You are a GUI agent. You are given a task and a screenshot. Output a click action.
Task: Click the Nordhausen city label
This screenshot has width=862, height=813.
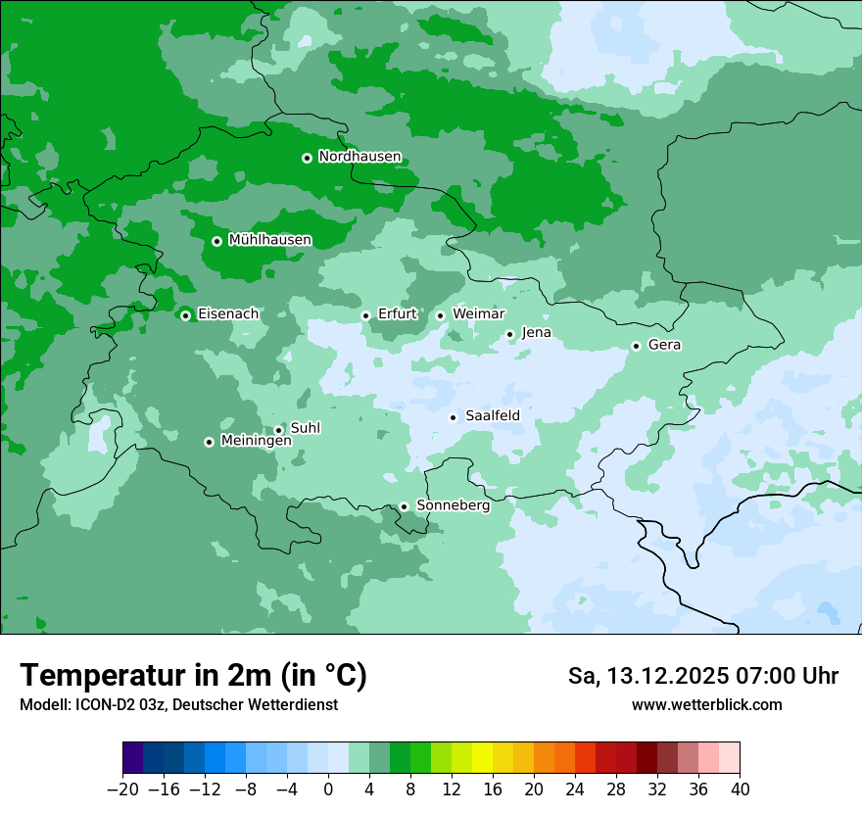pyautogui.click(x=359, y=157)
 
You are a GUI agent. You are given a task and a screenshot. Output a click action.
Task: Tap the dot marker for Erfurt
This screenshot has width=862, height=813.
pyautogui.click(x=365, y=315)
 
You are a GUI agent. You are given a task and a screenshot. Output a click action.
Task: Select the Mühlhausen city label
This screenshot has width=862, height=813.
pyautogui.click(x=269, y=240)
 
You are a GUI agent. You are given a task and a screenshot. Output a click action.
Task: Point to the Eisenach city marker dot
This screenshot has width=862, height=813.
pyautogui.click(x=185, y=314)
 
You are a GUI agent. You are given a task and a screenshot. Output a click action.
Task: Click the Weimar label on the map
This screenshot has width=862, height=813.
pyautogui.click(x=478, y=314)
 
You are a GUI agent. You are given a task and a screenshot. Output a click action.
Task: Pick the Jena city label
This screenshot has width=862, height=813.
pyautogui.click(x=536, y=333)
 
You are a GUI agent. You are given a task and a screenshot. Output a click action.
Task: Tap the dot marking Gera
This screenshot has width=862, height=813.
pyautogui.click(x=636, y=346)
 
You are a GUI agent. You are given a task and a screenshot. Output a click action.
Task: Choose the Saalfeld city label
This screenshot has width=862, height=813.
pyautogui.click(x=492, y=416)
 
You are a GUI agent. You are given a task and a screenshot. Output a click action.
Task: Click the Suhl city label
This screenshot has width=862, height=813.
pyautogui.click(x=305, y=428)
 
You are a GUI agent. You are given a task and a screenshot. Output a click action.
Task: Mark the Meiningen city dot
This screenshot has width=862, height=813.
pyautogui.click(x=209, y=442)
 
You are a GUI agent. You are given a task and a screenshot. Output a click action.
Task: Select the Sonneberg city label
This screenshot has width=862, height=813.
pyautogui.click(x=453, y=505)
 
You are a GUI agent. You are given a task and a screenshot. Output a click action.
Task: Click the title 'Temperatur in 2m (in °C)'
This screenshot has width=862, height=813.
pyautogui.click(x=193, y=676)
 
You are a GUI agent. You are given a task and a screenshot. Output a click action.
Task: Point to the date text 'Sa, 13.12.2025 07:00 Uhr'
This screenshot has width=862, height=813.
pyautogui.click(x=702, y=676)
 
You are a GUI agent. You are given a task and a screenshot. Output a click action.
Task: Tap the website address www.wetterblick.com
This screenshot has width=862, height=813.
pyautogui.click(x=706, y=704)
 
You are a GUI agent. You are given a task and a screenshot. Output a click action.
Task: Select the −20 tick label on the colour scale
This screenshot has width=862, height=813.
pyautogui.click(x=122, y=789)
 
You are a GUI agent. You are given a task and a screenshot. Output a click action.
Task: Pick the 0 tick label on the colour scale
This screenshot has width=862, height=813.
pyautogui.click(x=328, y=789)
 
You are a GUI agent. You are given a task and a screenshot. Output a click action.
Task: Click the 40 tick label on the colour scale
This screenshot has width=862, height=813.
pyautogui.click(x=740, y=789)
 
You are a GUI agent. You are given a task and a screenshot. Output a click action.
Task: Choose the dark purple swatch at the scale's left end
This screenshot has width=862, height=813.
pyautogui.click(x=132, y=758)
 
